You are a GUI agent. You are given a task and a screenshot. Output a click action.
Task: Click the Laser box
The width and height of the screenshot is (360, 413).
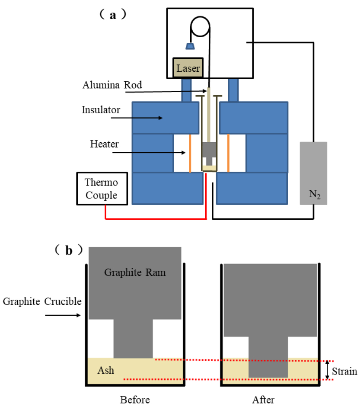[188, 68]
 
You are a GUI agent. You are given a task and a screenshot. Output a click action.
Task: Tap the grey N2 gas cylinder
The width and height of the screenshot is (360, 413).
[313, 173]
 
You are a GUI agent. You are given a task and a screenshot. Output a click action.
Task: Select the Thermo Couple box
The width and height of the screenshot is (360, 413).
[102, 189]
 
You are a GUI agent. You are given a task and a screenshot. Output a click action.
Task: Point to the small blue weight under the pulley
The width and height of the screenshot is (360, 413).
[189, 46]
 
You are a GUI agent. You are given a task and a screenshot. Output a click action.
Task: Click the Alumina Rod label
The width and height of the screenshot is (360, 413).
[112, 85]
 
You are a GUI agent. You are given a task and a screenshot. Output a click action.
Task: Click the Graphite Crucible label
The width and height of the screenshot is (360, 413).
[42, 301]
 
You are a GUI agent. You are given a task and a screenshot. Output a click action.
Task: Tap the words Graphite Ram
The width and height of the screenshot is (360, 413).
[134, 272]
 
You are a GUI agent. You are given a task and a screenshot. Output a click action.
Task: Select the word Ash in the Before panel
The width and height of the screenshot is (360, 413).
[106, 370]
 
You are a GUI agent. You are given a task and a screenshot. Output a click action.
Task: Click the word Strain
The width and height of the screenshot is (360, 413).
[345, 371]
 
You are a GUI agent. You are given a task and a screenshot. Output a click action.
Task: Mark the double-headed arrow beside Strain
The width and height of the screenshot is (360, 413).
[328, 370]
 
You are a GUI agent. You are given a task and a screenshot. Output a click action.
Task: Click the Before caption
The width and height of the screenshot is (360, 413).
[135, 400]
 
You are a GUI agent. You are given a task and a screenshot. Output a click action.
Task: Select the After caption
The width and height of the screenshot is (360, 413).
[263, 400]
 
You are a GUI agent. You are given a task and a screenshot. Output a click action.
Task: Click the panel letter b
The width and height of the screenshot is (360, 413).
[69, 250]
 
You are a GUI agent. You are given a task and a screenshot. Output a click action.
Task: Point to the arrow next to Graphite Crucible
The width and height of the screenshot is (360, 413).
[63, 316]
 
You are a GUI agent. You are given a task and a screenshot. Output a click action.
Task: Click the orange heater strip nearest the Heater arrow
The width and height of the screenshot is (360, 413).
[190, 154]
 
